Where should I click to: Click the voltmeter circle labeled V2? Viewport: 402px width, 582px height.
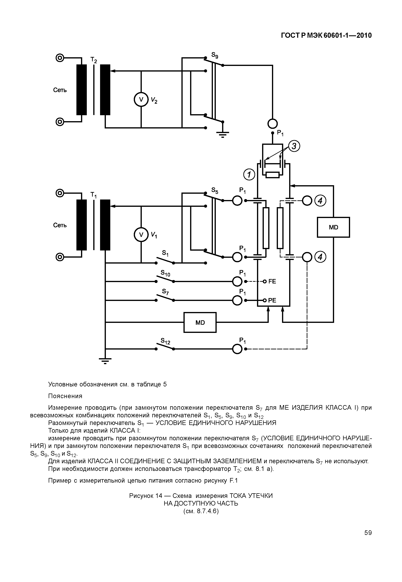click(141, 100)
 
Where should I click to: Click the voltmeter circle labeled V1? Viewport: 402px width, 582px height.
click(141, 235)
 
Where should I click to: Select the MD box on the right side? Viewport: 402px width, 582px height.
click(333, 227)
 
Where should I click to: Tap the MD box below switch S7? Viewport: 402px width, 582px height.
click(200, 323)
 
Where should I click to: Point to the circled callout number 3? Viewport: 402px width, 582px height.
click(294, 146)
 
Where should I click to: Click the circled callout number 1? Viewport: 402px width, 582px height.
click(249, 175)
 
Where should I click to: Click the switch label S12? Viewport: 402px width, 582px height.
click(165, 341)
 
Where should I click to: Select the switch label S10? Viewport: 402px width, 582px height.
click(165, 273)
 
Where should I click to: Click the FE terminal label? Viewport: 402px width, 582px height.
click(272, 281)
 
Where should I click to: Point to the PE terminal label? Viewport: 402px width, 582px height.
click(272, 300)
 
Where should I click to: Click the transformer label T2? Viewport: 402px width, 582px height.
click(94, 60)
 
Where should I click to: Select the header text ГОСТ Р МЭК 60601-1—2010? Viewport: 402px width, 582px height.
click(326, 36)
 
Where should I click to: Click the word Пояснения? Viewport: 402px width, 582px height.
click(65, 396)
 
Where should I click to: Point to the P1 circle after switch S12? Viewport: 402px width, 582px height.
click(237, 349)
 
